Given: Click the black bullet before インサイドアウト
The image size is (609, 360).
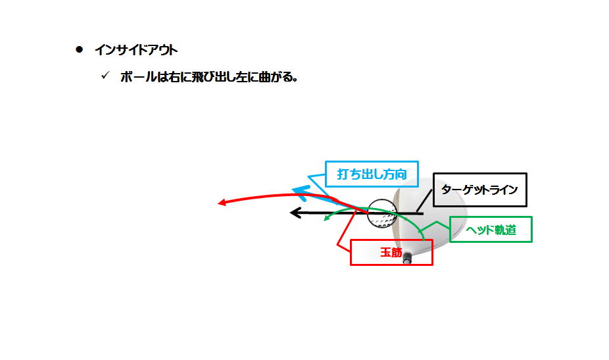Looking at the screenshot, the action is click(79, 49).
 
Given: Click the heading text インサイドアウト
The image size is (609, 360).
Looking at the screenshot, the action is click(136, 50).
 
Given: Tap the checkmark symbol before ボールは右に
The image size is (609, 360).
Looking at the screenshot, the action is click(105, 75).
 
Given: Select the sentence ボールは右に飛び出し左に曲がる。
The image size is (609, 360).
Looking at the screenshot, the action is click(209, 76).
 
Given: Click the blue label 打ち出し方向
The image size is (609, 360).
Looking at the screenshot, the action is click(372, 174).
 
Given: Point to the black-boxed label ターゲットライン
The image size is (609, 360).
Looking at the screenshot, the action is click(479, 190).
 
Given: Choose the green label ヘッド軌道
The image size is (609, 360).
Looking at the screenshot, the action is click(491, 230).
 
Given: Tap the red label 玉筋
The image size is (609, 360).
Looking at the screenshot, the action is click(391, 252).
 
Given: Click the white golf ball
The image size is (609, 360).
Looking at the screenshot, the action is click(382, 213).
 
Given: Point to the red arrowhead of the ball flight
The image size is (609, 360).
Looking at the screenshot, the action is click(222, 202).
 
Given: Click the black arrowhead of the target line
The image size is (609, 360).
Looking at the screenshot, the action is click(296, 213).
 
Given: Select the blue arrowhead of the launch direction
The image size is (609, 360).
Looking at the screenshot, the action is click(301, 192).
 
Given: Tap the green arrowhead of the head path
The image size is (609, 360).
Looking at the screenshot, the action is click(327, 219).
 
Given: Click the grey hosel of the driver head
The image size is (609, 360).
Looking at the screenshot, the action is click(406, 258).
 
